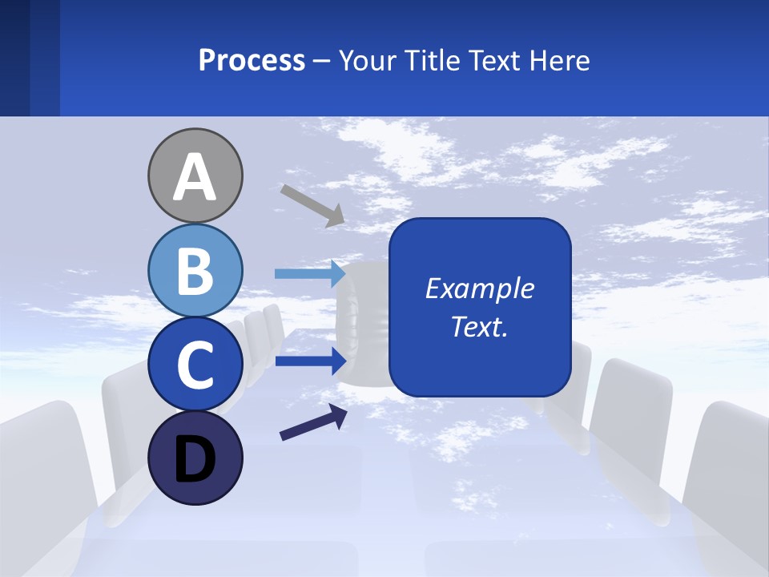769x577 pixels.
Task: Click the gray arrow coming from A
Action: [312, 204]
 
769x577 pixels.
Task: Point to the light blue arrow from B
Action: [310, 274]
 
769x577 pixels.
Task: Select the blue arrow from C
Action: [310, 361]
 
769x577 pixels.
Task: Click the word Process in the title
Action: [252, 61]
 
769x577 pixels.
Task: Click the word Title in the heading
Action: [428, 61]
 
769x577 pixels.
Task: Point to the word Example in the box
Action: [479, 288]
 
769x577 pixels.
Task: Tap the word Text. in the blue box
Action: [479, 327]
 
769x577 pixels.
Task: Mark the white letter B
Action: [195, 271]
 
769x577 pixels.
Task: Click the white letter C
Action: [195, 365]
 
